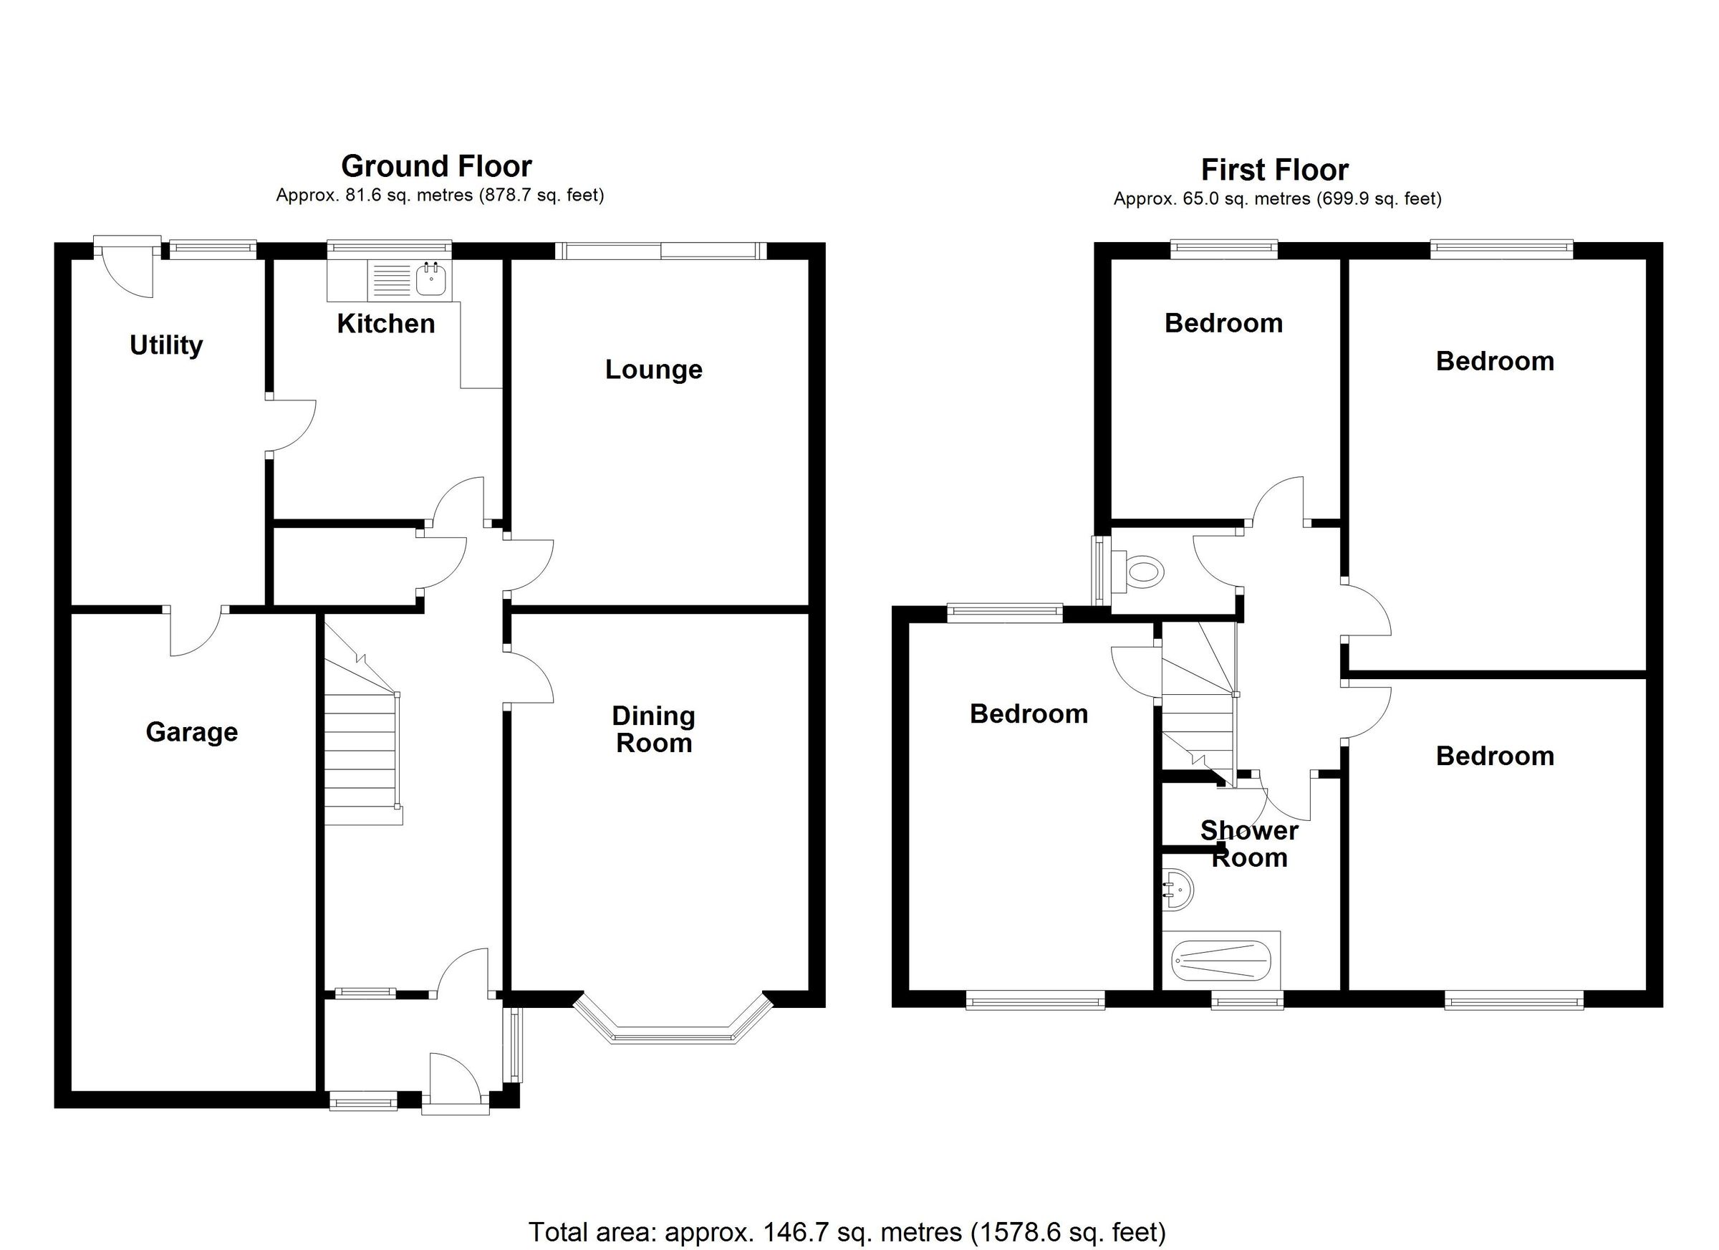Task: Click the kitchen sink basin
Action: pyautogui.click(x=431, y=279)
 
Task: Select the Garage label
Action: pyautogui.click(x=192, y=731)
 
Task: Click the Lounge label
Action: pyautogui.click(x=653, y=369)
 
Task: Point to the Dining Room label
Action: pyautogui.click(x=653, y=729)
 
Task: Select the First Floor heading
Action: pyautogui.click(x=1274, y=169)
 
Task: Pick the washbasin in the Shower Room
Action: pyautogui.click(x=1177, y=888)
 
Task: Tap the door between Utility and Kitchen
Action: pyautogui.click(x=291, y=426)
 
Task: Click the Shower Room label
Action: pyautogui.click(x=1248, y=844)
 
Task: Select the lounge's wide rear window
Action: pyautogui.click(x=660, y=251)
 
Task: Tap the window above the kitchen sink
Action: pyautogui.click(x=389, y=248)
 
